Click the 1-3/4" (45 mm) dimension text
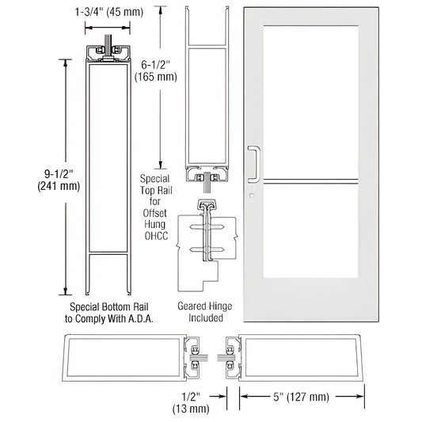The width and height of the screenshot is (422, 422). click(116, 12)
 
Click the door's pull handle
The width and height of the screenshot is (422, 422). click(253, 163)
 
